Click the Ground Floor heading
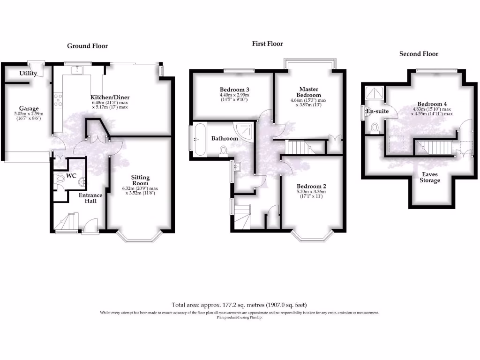click(87, 46)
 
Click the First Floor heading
click(267, 44)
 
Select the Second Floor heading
click(419, 54)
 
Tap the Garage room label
click(29, 109)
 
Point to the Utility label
click(28, 74)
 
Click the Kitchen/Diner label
click(110, 97)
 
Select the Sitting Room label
click(140, 180)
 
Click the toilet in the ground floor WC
click(59, 180)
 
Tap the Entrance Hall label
click(90, 198)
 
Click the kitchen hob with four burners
click(59, 99)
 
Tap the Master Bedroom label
click(309, 92)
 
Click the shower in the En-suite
click(374, 94)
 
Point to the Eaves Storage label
click(429, 177)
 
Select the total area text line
click(240, 304)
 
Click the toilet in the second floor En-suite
click(375, 127)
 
